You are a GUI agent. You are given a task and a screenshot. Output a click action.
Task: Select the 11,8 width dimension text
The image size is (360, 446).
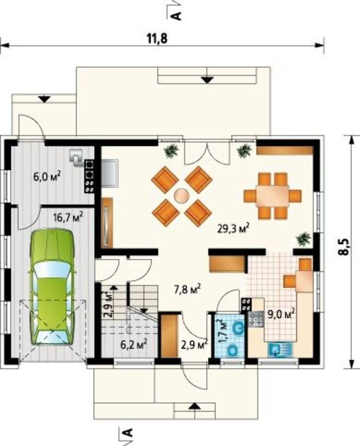[x=157, y=38]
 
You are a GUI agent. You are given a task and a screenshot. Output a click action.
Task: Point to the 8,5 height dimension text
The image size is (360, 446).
[x=345, y=248]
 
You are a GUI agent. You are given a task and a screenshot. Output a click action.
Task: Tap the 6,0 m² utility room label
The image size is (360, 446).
[x=47, y=176]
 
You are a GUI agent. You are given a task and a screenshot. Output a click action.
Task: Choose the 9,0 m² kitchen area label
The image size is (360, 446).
[x=281, y=314]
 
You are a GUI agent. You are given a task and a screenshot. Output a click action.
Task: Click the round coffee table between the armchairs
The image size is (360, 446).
[x=182, y=196]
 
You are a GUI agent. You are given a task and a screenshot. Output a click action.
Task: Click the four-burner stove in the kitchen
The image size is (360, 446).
[x=257, y=319]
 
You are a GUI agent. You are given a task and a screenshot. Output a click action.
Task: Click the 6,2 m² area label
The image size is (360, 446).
[x=133, y=344]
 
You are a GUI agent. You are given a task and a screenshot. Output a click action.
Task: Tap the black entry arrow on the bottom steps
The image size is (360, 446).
[x=194, y=406]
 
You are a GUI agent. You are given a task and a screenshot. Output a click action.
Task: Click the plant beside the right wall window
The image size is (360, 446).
[x=304, y=238]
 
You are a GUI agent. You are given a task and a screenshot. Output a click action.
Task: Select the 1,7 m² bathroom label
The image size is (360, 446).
[x=223, y=330]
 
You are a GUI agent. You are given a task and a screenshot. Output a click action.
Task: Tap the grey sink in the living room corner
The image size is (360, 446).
[x=110, y=173]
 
